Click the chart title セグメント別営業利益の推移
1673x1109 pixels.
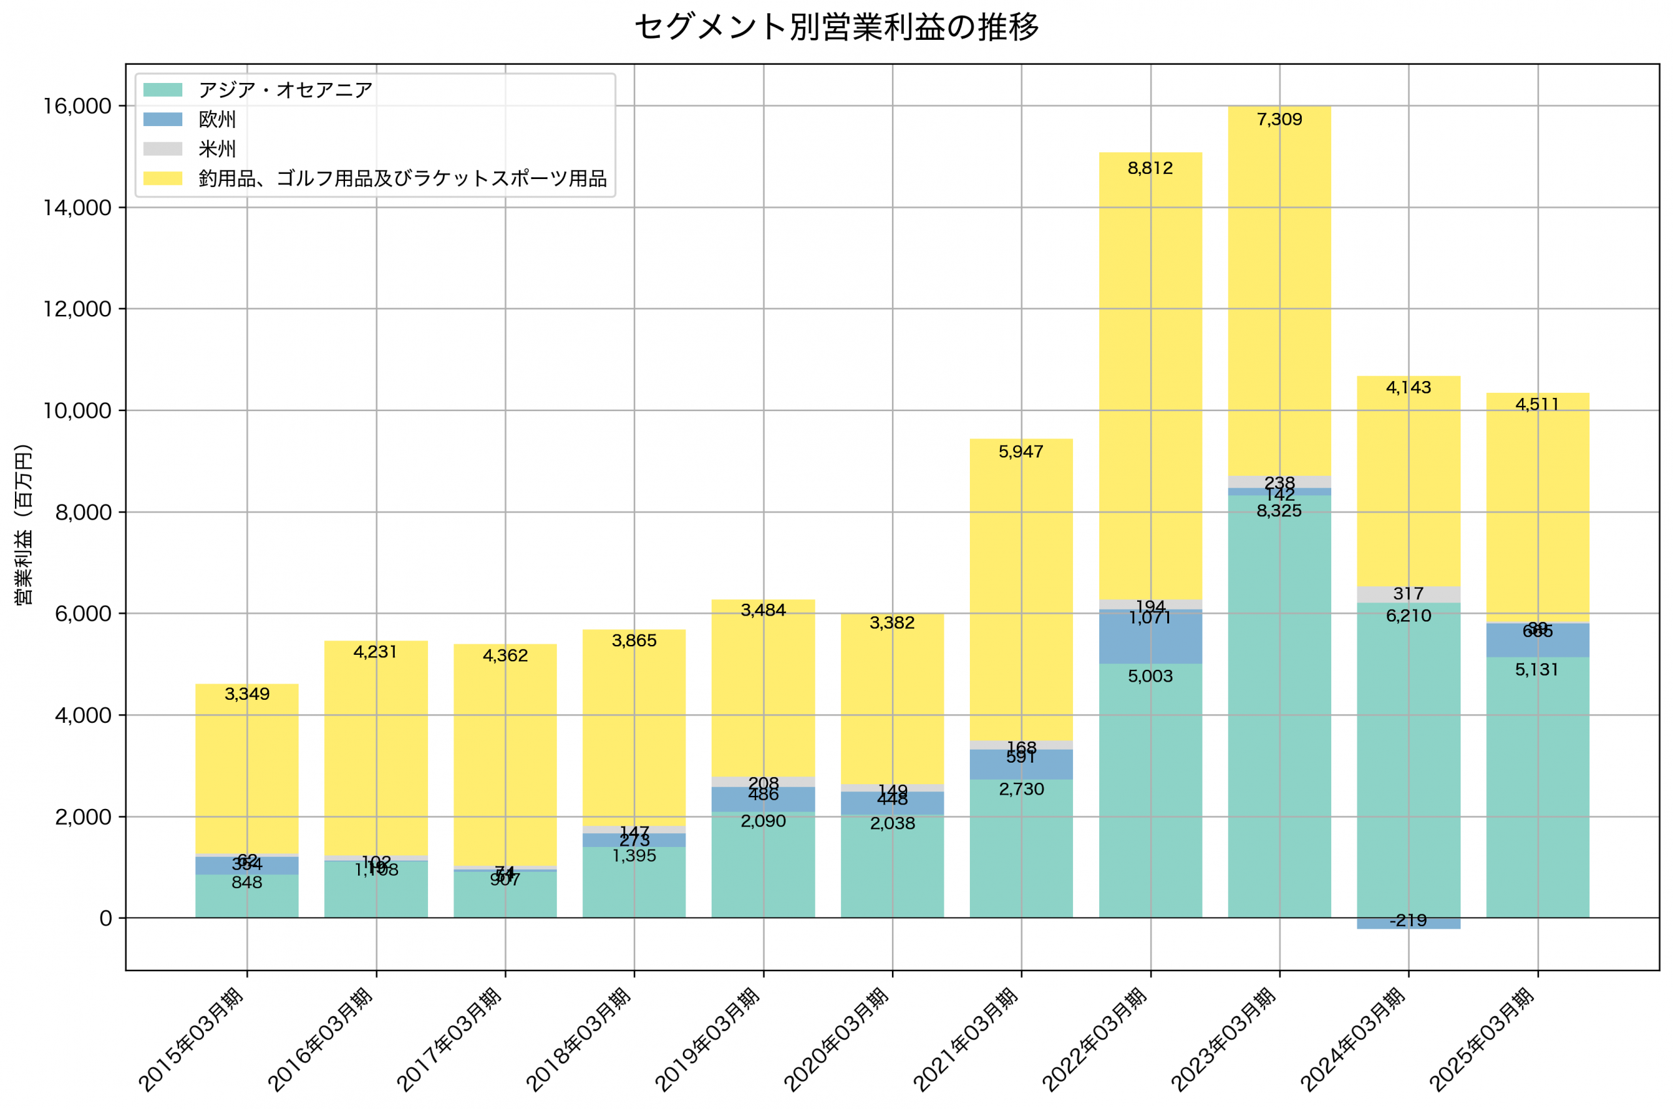tap(836, 27)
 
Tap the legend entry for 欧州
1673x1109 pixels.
tap(217, 120)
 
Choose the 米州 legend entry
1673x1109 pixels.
tap(217, 149)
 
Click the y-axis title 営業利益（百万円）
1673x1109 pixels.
tap(24, 524)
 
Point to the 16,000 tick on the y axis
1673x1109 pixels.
tap(77, 106)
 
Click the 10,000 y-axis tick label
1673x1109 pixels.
tap(77, 410)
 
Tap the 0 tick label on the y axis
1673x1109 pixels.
tap(105, 918)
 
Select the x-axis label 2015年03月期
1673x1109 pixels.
tap(191, 1039)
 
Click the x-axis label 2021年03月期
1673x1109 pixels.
tap(966, 1039)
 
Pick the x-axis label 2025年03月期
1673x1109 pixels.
tap(1482, 1039)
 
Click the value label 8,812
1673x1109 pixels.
tap(1150, 169)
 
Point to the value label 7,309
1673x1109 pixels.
tap(1279, 120)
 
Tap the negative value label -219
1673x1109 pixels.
tap(1408, 921)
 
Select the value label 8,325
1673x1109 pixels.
tap(1279, 510)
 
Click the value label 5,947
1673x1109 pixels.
tap(1020, 451)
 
